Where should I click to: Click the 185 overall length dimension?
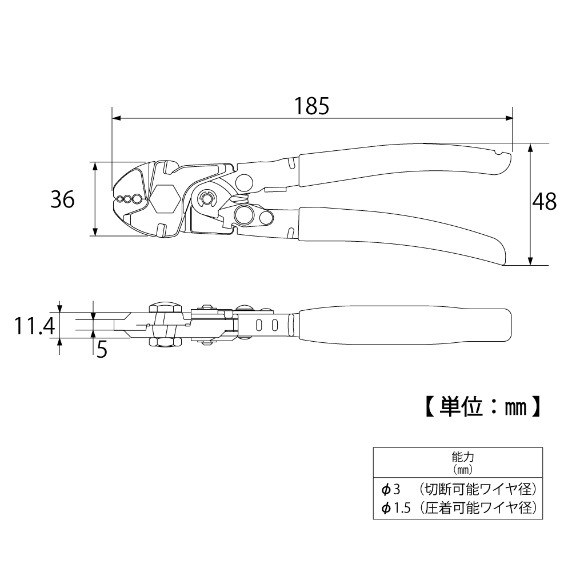[x=312, y=106]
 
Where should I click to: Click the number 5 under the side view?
[x=102, y=349]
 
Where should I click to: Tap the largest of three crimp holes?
[x=137, y=199]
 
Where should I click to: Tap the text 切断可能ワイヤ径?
[x=477, y=490]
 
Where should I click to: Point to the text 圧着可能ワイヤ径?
[x=477, y=507]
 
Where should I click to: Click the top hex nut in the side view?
[x=162, y=307]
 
